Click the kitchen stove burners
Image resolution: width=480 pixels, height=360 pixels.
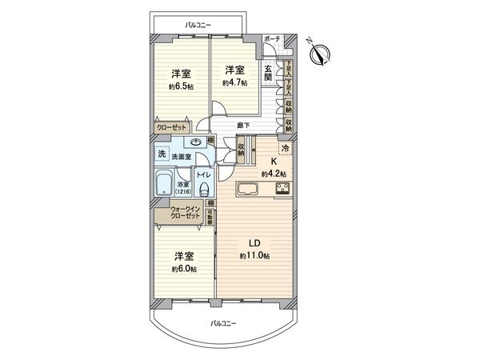pyautogui.click(x=283, y=189)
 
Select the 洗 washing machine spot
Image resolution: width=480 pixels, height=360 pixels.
pyautogui.click(x=162, y=154)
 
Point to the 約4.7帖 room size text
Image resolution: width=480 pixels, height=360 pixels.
pyautogui.click(x=234, y=81)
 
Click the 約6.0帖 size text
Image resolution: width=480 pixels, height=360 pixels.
pyautogui.click(x=184, y=269)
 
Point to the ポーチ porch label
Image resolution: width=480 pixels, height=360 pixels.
pyautogui.click(x=272, y=39)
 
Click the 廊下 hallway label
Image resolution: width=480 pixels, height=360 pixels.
pyautogui.click(x=243, y=125)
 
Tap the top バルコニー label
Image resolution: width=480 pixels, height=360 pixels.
pyautogui.click(x=198, y=26)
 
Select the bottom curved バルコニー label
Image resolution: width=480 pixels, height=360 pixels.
pyautogui.click(x=222, y=322)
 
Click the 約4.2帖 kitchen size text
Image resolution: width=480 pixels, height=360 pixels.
pyautogui.click(x=274, y=173)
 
